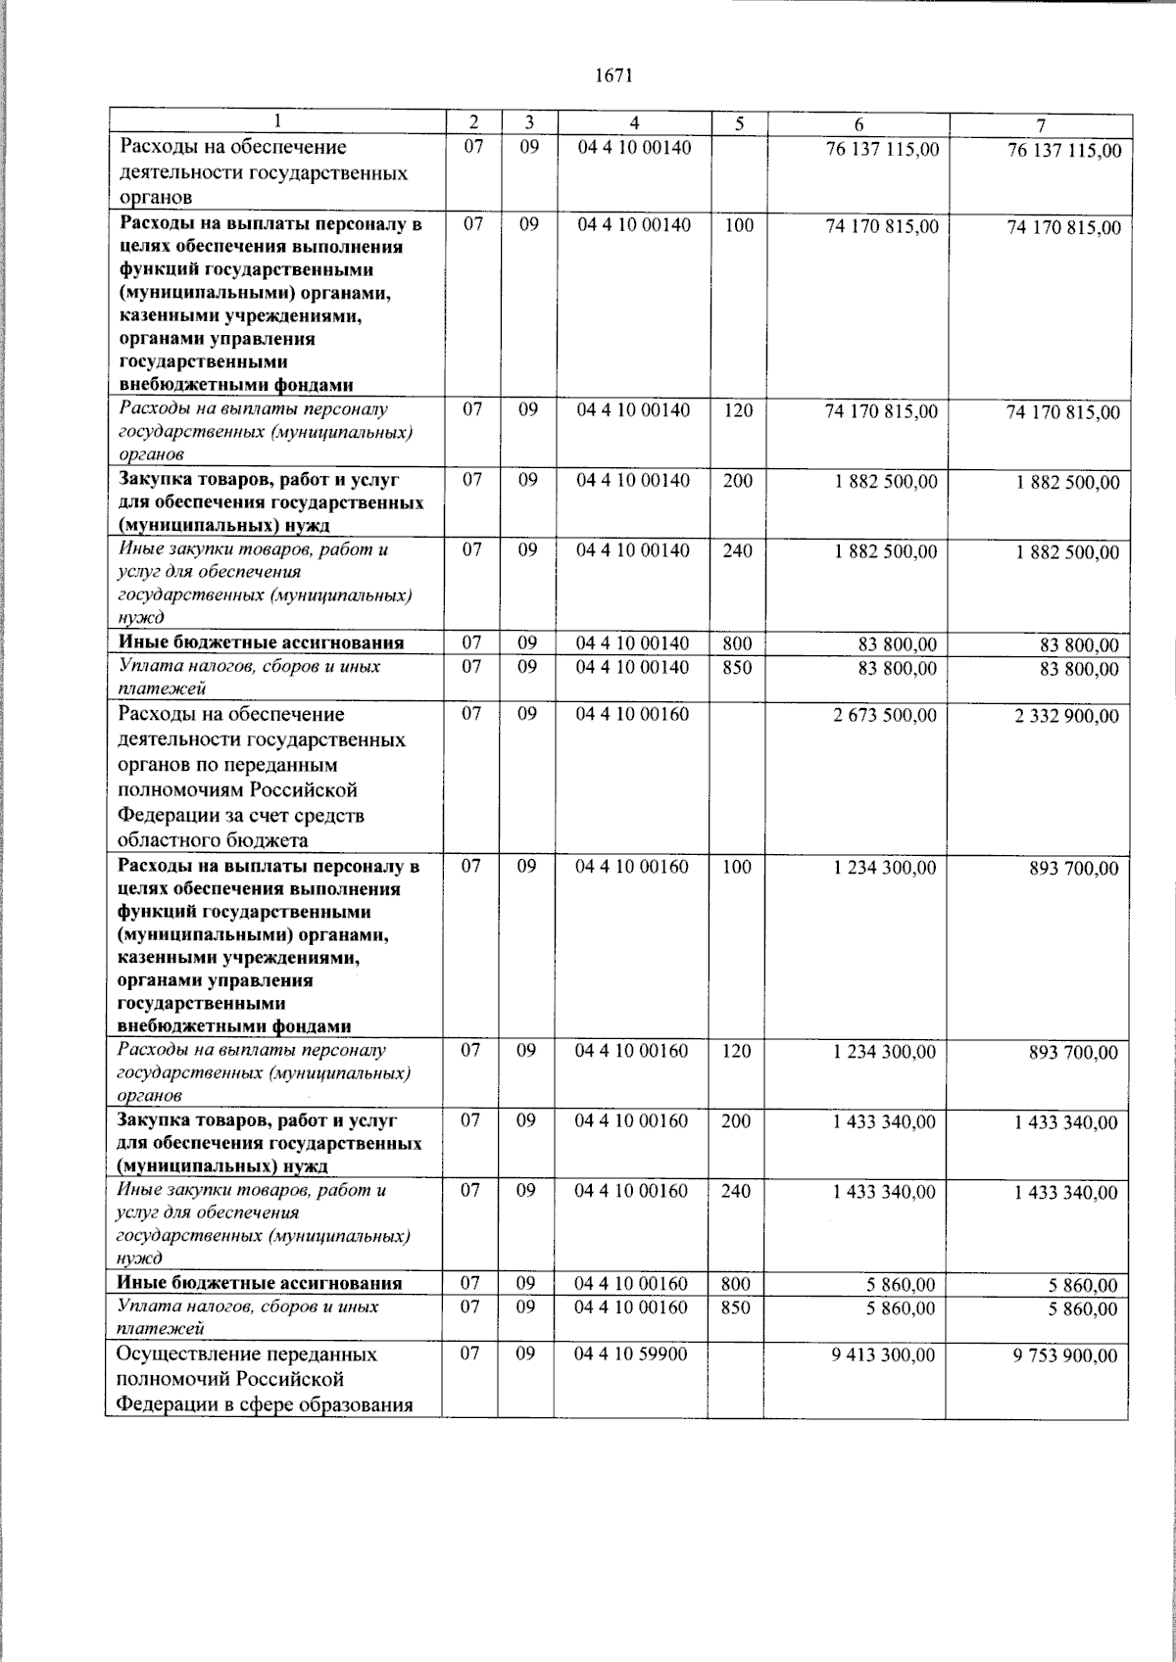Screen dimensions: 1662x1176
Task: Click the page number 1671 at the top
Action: [614, 75]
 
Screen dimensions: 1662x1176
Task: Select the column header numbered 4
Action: [634, 123]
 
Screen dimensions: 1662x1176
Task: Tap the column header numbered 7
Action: [1042, 124]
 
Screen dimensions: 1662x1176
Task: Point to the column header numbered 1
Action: [277, 122]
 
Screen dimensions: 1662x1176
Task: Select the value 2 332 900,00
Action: [1065, 717]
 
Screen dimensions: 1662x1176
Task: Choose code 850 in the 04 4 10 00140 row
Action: [736, 667]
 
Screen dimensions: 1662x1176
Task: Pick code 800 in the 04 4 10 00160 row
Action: [736, 1284]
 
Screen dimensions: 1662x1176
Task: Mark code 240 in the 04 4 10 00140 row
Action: [737, 550]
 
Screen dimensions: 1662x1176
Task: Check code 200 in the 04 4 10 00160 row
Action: [736, 1121]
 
